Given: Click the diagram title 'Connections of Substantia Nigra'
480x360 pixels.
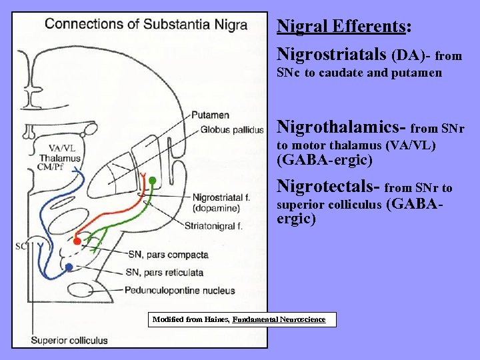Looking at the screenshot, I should (146, 25).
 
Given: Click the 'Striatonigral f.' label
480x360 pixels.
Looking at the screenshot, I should (213, 225).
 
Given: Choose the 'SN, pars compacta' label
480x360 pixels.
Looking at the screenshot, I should (168, 255).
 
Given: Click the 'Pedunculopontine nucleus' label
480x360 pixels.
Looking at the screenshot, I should (179, 290).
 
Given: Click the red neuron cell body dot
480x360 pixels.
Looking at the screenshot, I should (77, 240).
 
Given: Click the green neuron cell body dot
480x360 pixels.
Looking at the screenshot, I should (152, 181).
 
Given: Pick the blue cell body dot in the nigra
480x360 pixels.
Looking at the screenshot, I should (69, 267).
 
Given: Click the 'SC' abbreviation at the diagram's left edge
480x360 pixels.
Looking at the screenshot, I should (21, 246).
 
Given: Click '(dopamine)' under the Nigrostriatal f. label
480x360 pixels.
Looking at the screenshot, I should (215, 208).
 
